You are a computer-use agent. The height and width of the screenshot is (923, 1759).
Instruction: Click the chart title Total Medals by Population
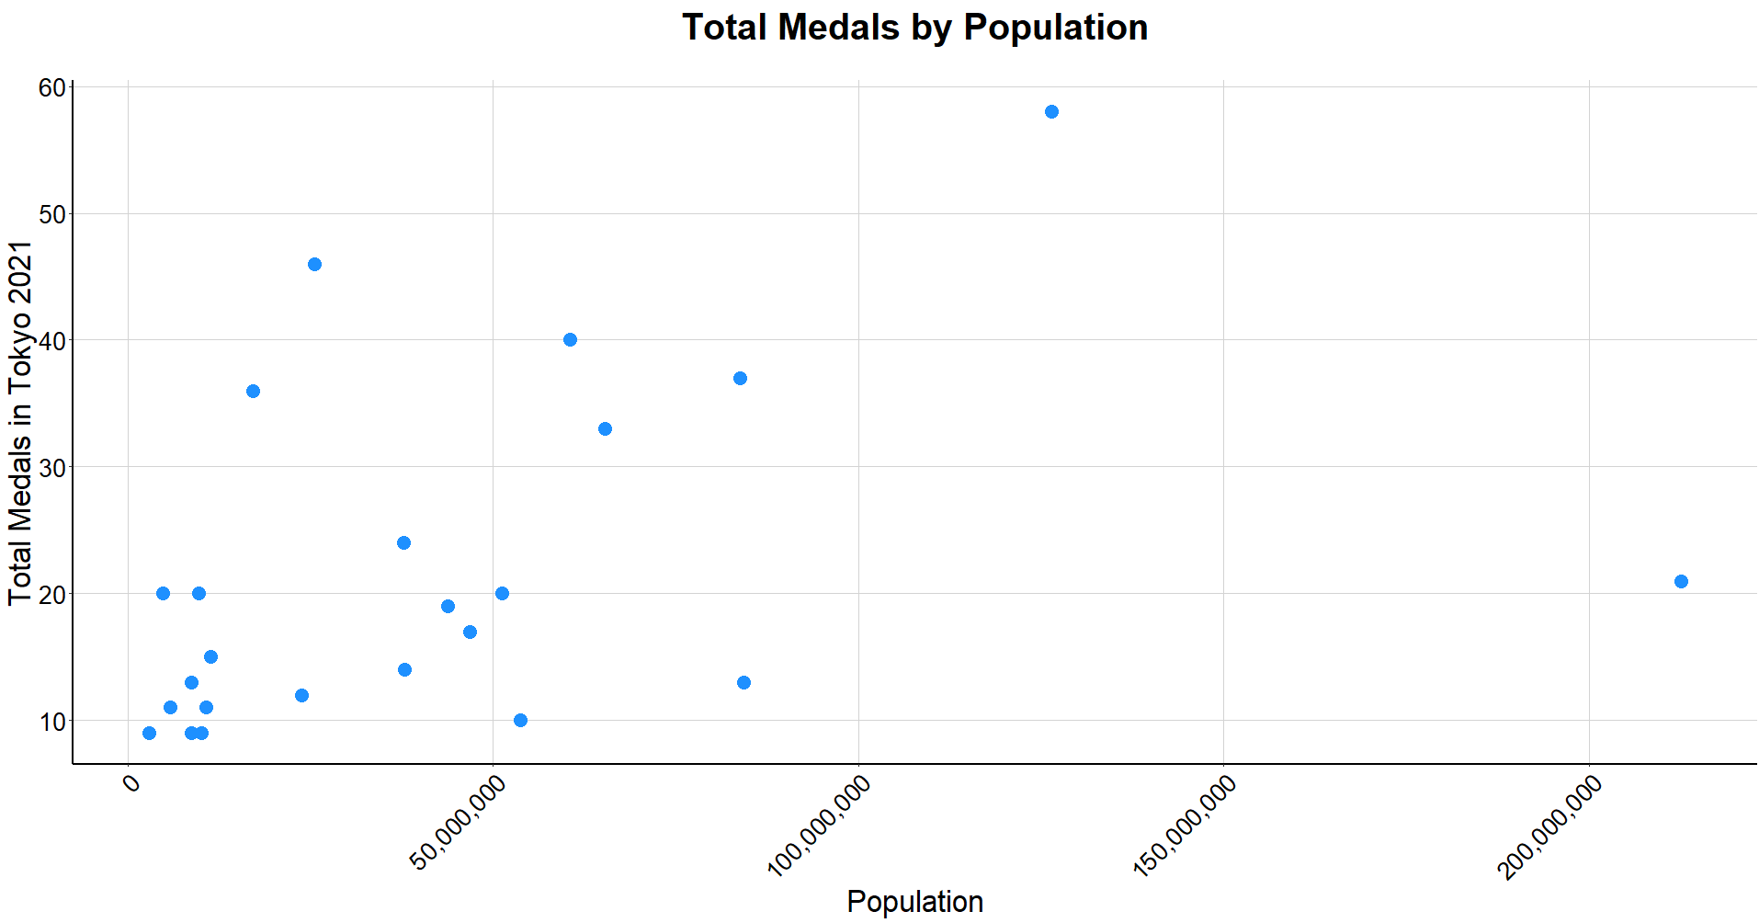pyautogui.click(x=914, y=28)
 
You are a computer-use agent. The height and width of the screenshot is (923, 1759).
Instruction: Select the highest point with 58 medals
pyautogui.click(x=1051, y=112)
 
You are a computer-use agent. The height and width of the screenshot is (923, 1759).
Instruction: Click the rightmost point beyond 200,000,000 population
pyautogui.click(x=1681, y=581)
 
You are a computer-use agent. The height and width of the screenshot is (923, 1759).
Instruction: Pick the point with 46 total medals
pyautogui.click(x=314, y=265)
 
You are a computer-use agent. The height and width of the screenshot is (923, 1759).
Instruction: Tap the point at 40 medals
pyautogui.click(x=570, y=340)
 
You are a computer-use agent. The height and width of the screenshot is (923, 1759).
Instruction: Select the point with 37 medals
pyautogui.click(x=740, y=379)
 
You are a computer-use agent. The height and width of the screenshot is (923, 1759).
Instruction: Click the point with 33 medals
pyautogui.click(x=605, y=429)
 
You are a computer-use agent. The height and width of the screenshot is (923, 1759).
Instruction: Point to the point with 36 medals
pyautogui.click(x=253, y=392)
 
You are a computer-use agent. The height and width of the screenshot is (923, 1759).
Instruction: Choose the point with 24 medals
pyautogui.click(x=403, y=543)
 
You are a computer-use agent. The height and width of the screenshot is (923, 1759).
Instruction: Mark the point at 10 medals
pyautogui.click(x=520, y=721)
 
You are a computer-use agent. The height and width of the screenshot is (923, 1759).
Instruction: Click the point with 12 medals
pyautogui.click(x=301, y=696)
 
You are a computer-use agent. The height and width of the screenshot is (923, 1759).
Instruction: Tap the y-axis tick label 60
pyautogui.click(x=51, y=88)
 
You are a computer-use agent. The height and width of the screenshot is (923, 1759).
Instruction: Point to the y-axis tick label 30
pyautogui.click(x=51, y=468)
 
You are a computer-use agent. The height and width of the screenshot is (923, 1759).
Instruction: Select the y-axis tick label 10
pyautogui.click(x=51, y=722)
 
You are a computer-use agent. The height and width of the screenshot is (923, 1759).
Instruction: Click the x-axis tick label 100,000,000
pyautogui.click(x=819, y=826)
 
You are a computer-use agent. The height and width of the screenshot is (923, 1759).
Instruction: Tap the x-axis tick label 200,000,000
pyautogui.click(x=1550, y=826)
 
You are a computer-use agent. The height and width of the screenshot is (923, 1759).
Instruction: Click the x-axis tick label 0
pyautogui.click(x=132, y=783)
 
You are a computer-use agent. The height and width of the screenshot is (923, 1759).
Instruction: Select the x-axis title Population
pyautogui.click(x=914, y=902)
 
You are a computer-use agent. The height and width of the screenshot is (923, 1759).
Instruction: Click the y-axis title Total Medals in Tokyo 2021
pyautogui.click(x=20, y=423)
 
